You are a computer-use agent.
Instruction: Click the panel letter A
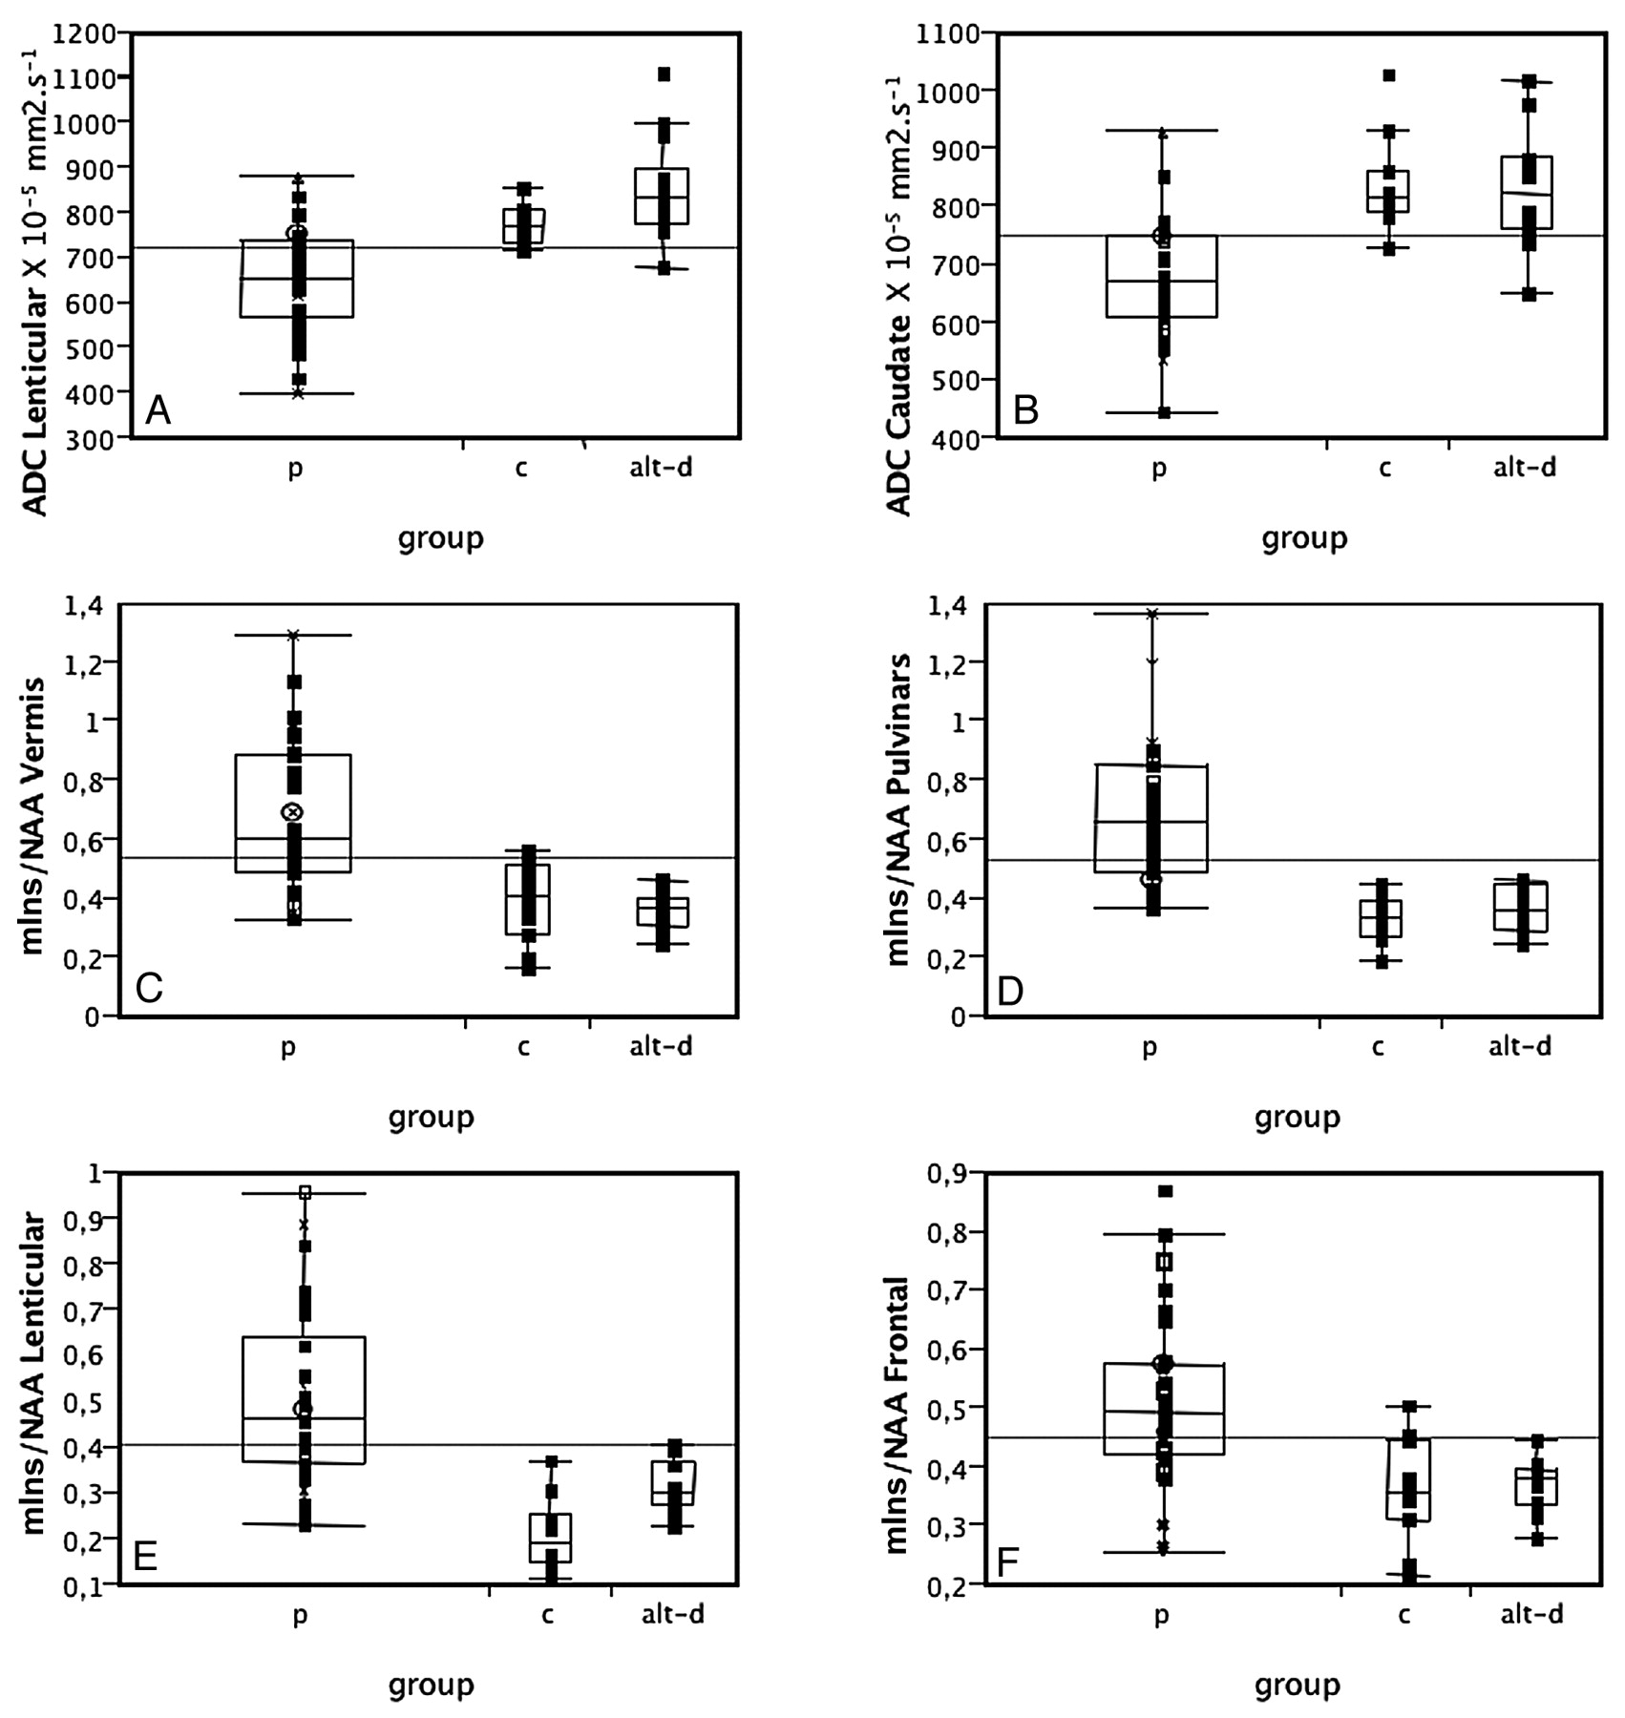158,411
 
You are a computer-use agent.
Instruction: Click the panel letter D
1010,991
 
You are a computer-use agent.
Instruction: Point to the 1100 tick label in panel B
947,33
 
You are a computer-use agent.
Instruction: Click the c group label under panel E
547,1614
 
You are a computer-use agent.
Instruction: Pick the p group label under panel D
1150,1047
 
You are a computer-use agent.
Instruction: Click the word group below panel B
1304,538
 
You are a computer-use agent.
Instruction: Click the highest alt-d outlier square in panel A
664,74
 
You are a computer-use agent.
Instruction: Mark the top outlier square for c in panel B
1389,75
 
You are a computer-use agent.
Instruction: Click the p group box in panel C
293,813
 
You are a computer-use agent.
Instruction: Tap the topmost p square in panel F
1165,1191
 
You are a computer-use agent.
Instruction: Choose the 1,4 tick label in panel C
84,605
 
